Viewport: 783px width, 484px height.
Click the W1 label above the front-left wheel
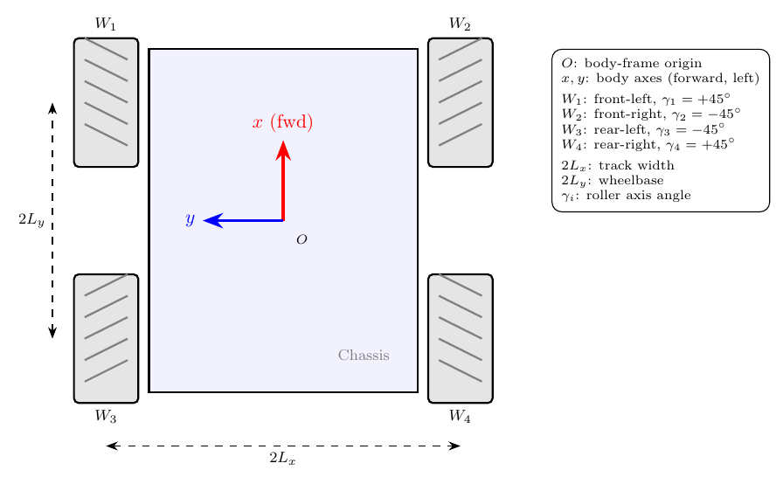pyautogui.click(x=106, y=24)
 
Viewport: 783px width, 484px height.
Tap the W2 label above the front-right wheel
pyautogui.click(x=460, y=24)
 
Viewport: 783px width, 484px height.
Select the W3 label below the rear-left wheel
pyautogui.click(x=106, y=416)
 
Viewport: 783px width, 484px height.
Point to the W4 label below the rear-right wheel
pyautogui.click(x=460, y=416)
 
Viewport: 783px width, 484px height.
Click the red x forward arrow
pyautogui.click(x=283, y=181)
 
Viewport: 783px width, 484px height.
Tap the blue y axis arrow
pyautogui.click(x=244, y=220)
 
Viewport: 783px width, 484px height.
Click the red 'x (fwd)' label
pyautogui.click(x=282, y=122)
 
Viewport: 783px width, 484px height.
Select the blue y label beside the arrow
pyautogui.click(x=190, y=219)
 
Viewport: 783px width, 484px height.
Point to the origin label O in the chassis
pyautogui.click(x=301, y=240)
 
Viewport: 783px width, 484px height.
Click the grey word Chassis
pyautogui.click(x=364, y=356)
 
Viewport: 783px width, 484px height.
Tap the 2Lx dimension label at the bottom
pyautogui.click(x=282, y=458)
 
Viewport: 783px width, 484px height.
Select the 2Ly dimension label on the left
pyautogui.click(x=31, y=219)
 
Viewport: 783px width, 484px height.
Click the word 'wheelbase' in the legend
pyautogui.click(x=631, y=180)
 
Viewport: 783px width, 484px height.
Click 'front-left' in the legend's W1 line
pyautogui.click(x=622, y=99)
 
